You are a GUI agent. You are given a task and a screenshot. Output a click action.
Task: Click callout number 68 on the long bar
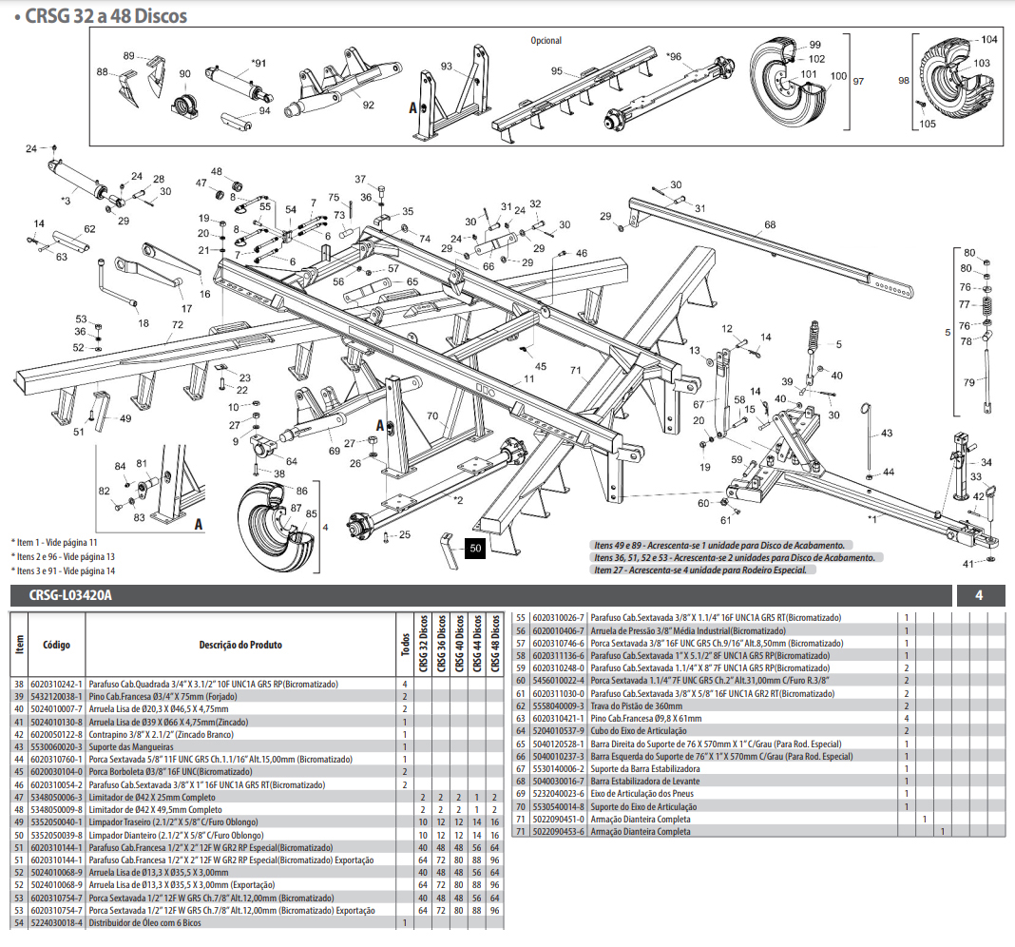(x=770, y=225)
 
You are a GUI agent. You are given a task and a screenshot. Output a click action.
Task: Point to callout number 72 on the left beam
(x=177, y=325)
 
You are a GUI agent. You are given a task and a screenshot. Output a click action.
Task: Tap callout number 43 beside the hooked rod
(x=887, y=434)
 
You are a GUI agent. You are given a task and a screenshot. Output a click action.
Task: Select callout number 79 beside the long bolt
(x=968, y=382)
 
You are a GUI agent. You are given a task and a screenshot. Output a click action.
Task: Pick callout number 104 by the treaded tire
(x=988, y=40)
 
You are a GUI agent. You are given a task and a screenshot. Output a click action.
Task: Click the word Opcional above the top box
(x=546, y=41)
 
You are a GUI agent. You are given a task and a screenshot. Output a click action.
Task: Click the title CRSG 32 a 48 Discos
(x=104, y=16)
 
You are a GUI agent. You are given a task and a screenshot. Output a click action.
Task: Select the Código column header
(x=56, y=644)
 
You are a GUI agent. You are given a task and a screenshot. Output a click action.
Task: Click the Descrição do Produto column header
(x=239, y=645)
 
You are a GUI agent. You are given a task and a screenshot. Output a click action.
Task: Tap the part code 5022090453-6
(x=560, y=831)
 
